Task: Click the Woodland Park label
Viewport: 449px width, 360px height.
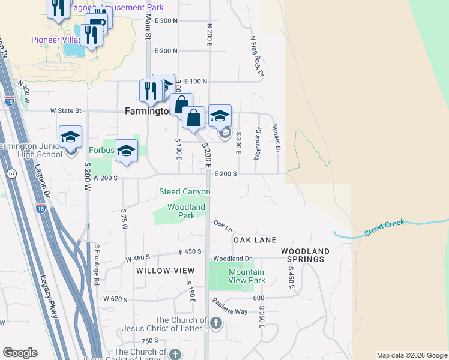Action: click(x=186, y=211)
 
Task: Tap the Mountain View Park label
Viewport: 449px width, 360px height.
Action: click(x=247, y=276)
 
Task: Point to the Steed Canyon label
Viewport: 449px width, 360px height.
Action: click(x=184, y=192)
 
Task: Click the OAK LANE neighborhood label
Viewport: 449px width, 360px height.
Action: click(x=255, y=239)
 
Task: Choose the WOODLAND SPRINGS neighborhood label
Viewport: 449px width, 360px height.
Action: click(x=305, y=255)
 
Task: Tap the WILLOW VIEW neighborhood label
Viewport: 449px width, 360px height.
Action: click(x=158, y=271)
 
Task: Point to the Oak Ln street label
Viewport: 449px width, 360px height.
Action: click(x=223, y=226)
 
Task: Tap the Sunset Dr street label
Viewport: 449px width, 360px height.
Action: click(x=276, y=137)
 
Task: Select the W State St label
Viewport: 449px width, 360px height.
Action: click(x=66, y=110)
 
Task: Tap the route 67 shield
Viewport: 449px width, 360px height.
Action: click(x=12, y=173)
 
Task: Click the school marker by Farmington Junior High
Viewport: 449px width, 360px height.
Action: click(x=70, y=137)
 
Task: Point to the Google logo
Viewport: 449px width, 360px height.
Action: click(x=20, y=353)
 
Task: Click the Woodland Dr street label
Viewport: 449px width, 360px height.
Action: click(x=231, y=259)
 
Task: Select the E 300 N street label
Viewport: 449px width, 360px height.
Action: click(x=166, y=20)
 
